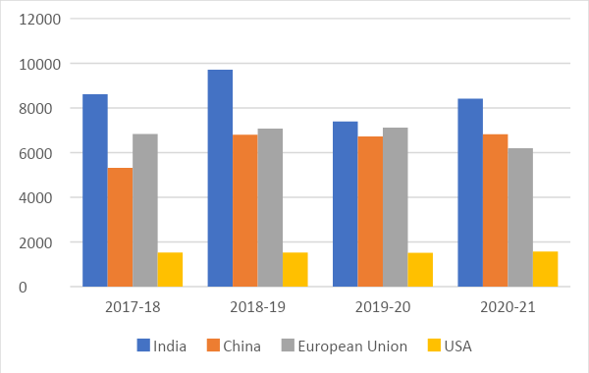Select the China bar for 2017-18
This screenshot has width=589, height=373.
(120, 227)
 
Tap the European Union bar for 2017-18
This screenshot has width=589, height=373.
(144, 210)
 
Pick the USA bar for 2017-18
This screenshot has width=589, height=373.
(170, 269)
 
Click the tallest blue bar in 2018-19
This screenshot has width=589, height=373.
(220, 178)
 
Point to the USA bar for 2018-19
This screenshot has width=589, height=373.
(295, 269)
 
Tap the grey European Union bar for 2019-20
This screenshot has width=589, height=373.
(396, 207)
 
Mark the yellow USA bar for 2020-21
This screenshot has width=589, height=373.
(546, 269)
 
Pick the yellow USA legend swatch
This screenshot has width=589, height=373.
(435, 346)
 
